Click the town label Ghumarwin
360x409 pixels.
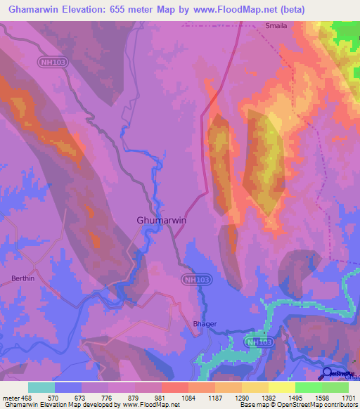161,220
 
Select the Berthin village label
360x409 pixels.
23,278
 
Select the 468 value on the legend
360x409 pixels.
26,398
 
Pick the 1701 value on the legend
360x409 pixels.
347,398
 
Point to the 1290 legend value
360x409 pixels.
241,398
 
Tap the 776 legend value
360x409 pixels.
107,398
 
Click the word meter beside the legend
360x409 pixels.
9,398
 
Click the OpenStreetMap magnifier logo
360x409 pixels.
328,373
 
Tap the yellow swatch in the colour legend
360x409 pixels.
281,387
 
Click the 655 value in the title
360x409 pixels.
131,9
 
